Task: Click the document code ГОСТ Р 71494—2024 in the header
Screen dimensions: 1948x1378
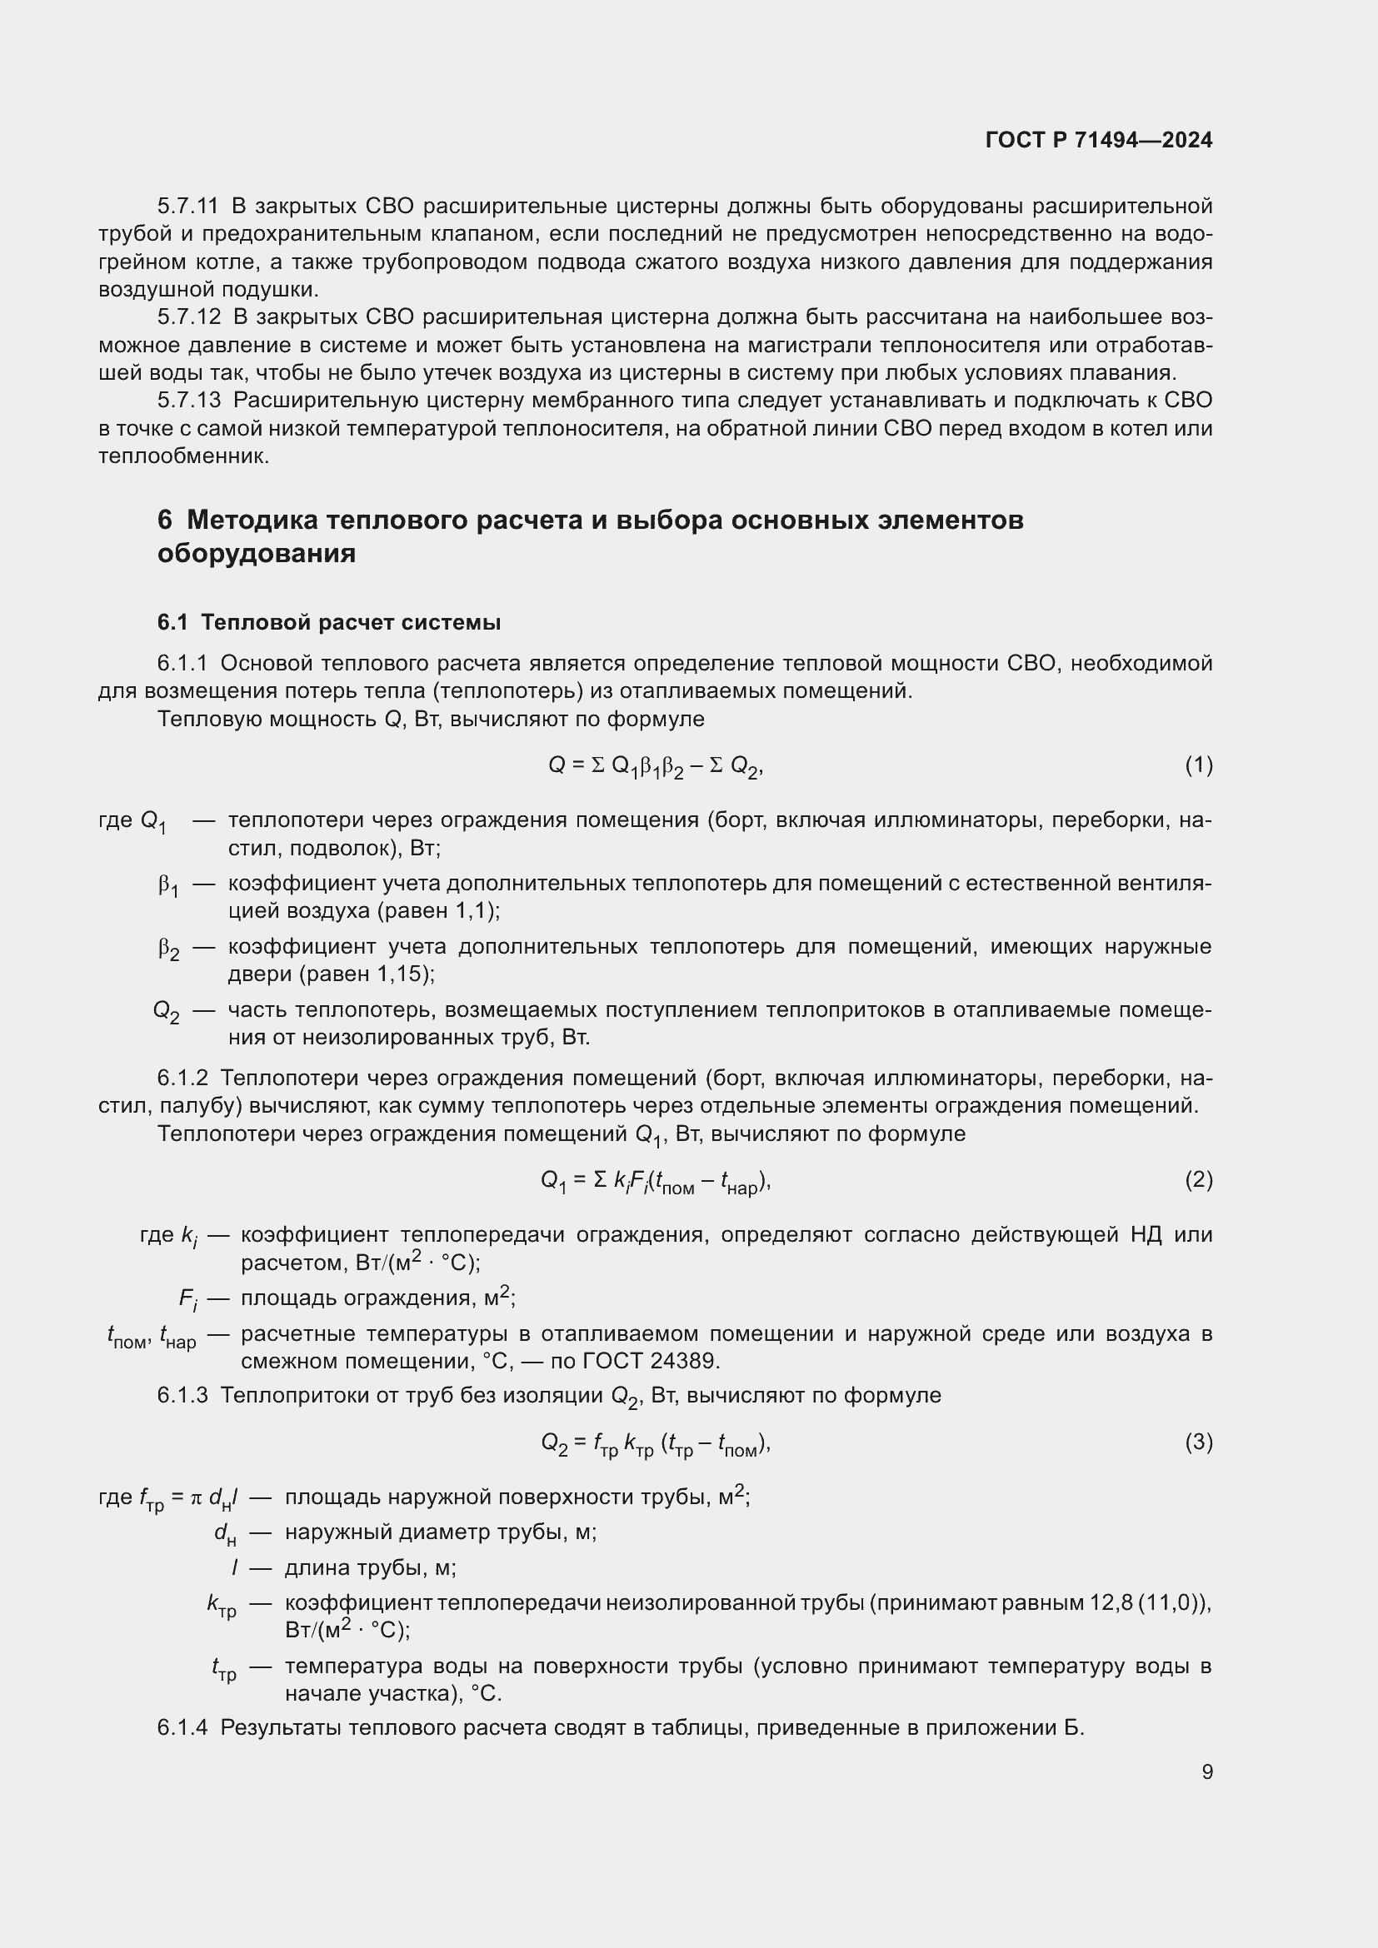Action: coord(1098,140)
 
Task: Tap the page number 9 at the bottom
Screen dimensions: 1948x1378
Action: coord(1206,1771)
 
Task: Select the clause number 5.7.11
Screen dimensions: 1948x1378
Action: coord(187,207)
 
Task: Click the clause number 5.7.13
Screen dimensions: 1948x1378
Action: coord(188,401)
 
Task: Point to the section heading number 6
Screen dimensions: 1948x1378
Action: coord(165,519)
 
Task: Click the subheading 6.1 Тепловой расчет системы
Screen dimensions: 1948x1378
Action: coord(328,622)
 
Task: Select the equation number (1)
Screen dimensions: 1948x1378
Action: coord(1198,765)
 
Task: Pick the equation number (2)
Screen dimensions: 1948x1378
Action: coord(1198,1179)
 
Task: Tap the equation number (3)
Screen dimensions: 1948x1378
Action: coord(1198,1442)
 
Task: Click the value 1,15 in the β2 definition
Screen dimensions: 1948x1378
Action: coord(403,974)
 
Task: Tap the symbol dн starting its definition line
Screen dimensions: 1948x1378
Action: coord(225,1533)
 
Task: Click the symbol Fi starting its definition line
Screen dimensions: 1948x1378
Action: coord(187,1299)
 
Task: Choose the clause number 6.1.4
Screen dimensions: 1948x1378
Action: coord(182,1727)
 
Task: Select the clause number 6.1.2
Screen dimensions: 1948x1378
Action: coord(182,1079)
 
